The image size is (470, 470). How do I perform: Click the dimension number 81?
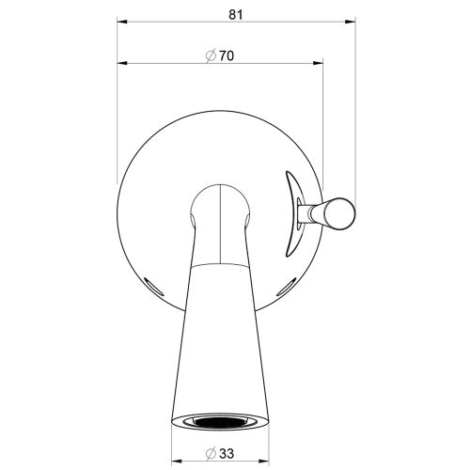pyautogui.click(x=236, y=14)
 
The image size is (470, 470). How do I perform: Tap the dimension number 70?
pyautogui.click(x=227, y=55)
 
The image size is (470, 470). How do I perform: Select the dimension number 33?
pyautogui.click(x=227, y=453)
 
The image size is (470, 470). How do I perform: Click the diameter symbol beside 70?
pyautogui.click(x=211, y=56)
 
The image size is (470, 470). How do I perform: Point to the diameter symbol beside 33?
pyautogui.click(x=211, y=453)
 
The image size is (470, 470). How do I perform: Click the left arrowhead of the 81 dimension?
pyautogui.click(x=122, y=22)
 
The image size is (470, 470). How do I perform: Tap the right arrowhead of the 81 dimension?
pyautogui.click(x=351, y=22)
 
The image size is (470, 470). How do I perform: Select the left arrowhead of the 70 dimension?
pyautogui.click(x=122, y=63)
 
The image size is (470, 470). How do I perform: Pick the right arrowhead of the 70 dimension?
pyautogui.click(x=318, y=63)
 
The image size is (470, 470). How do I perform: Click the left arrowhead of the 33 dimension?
pyautogui.click(x=177, y=461)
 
